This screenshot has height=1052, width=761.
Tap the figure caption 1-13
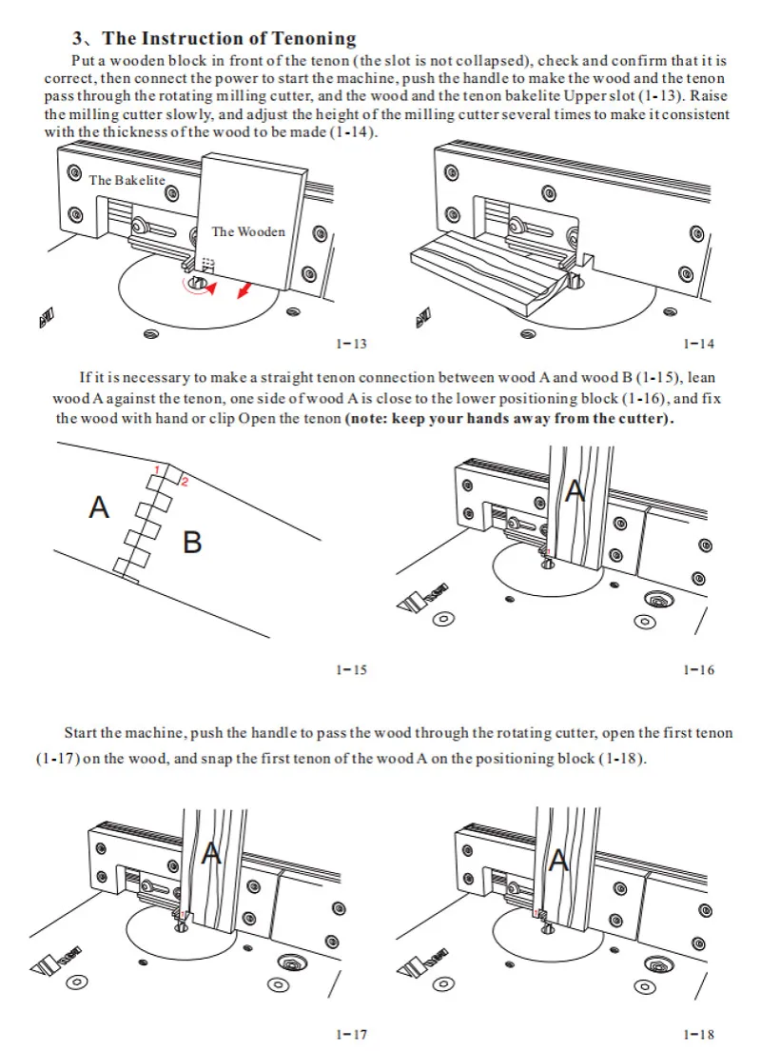tap(351, 344)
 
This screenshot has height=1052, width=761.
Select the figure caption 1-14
tap(698, 344)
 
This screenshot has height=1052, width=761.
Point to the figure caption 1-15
tap(351, 670)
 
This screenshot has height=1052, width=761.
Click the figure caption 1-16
tap(698, 670)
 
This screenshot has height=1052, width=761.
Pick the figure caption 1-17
tap(351, 1034)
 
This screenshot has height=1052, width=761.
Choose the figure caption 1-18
tap(698, 1034)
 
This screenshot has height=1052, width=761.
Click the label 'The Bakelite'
tap(127, 180)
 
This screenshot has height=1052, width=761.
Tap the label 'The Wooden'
tap(248, 231)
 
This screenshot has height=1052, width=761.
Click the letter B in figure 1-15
tap(192, 543)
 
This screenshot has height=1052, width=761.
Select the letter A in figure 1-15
tap(99, 507)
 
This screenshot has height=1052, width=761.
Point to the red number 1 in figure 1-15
tap(158, 469)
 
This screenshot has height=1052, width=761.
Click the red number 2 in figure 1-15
tap(184, 482)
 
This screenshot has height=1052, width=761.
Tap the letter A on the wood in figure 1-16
tap(574, 491)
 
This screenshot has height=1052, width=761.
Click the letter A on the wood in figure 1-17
tap(211, 854)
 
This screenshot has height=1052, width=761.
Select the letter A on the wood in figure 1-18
tap(559, 860)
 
